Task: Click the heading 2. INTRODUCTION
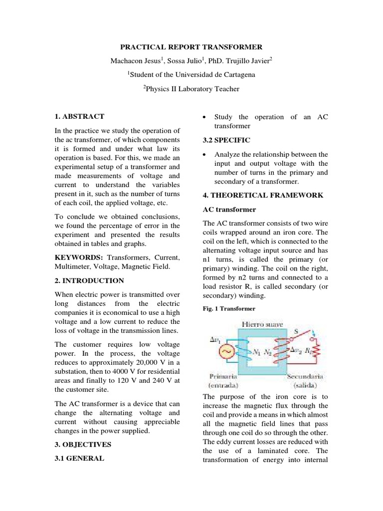89,280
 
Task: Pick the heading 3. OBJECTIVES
83,444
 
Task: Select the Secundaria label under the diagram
305,376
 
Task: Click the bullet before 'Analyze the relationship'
204,155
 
